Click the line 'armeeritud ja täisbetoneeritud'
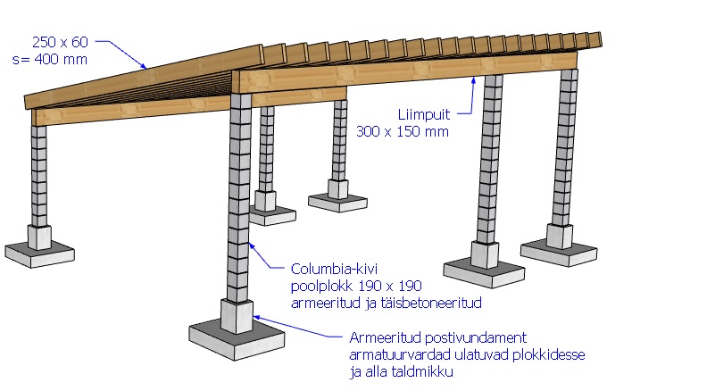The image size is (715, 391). click(387, 303)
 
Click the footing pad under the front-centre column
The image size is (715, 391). click(237, 343)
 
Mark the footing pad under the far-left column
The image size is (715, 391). click(39, 254)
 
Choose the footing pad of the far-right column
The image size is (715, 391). click(559, 251)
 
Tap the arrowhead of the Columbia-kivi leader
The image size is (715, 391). click(253, 244)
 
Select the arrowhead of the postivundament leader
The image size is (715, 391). click(254, 315)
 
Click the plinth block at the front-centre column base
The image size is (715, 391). click(237, 316)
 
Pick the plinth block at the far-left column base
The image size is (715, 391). click(39, 237)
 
